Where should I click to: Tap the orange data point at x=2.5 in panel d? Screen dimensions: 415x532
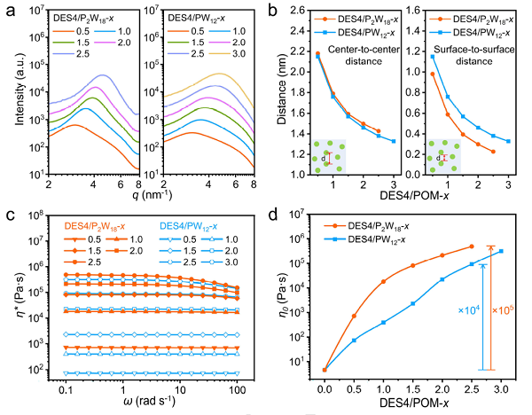(471, 247)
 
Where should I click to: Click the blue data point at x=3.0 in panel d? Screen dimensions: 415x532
(500, 251)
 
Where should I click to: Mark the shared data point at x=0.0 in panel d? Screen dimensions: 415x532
(325, 370)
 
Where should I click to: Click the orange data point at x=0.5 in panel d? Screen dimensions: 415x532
(355, 316)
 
